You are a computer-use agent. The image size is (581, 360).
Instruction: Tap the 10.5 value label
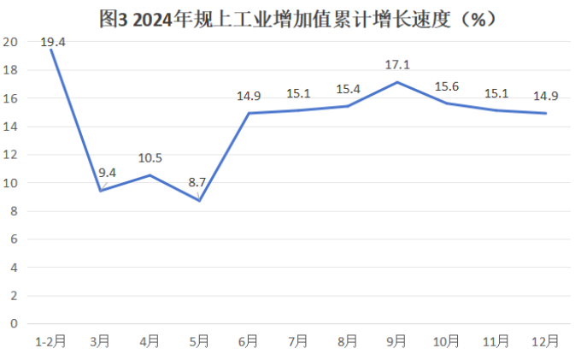click(x=150, y=157)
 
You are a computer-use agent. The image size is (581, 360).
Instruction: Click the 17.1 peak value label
click(x=396, y=64)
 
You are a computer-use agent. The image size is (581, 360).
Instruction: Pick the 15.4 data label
click(x=347, y=88)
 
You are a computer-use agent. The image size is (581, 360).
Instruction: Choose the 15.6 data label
click(x=446, y=86)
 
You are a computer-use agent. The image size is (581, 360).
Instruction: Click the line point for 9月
click(x=396, y=82)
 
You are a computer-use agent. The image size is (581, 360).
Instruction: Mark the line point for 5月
click(x=199, y=200)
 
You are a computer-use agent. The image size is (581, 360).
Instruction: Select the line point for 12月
click(x=545, y=113)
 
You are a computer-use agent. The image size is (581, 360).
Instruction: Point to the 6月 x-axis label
click(x=248, y=341)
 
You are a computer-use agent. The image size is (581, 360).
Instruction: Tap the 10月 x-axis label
click(x=446, y=341)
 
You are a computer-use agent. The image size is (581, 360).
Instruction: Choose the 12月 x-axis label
click(x=545, y=341)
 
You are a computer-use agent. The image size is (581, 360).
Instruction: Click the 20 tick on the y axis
click(x=11, y=42)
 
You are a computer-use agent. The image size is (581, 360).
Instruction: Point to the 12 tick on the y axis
click(x=11, y=155)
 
